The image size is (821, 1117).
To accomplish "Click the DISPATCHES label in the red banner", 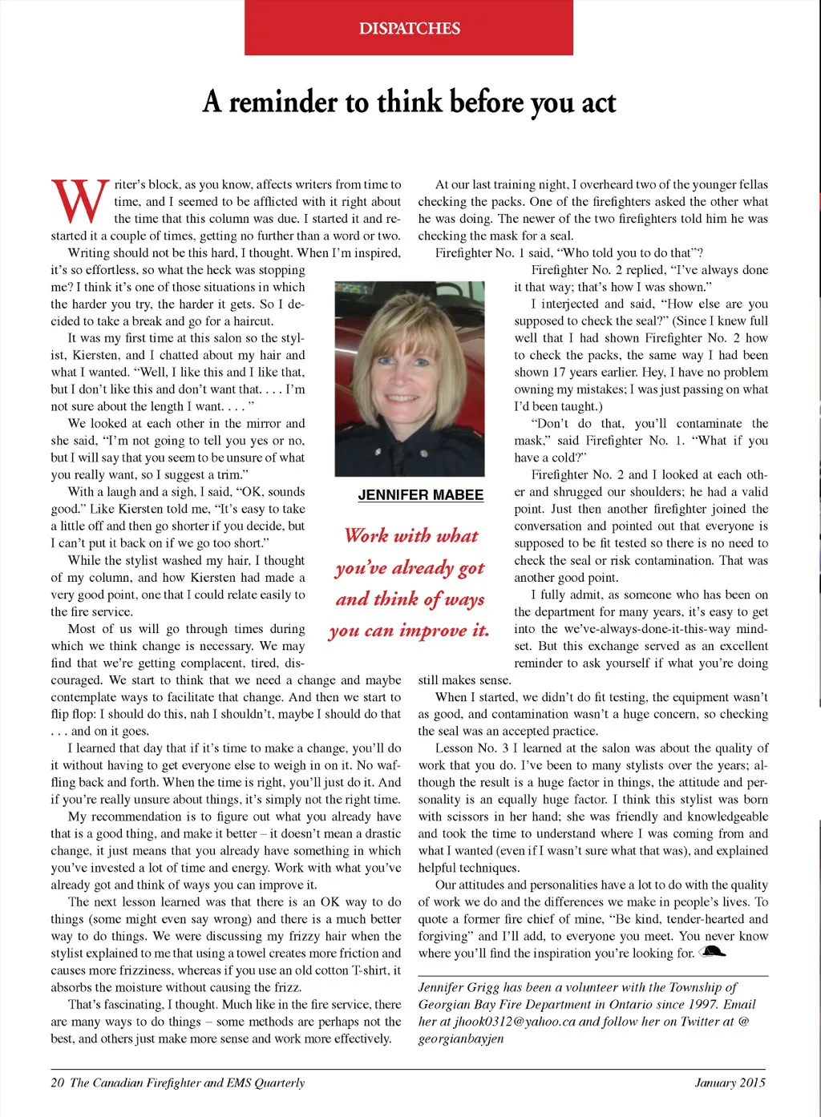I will [x=409, y=29].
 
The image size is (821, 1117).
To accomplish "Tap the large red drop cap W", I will [x=79, y=201].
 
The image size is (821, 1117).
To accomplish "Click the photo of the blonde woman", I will [x=410, y=378].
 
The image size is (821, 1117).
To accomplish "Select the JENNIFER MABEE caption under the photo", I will [x=421, y=495].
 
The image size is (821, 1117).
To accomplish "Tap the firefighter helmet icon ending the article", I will [x=712, y=952].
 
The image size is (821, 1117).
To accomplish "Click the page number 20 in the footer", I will [x=57, y=1083].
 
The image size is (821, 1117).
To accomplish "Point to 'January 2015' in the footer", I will [x=730, y=1083].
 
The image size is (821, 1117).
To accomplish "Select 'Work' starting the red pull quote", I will [x=366, y=535].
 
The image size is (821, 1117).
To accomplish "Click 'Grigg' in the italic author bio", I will [x=483, y=988].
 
